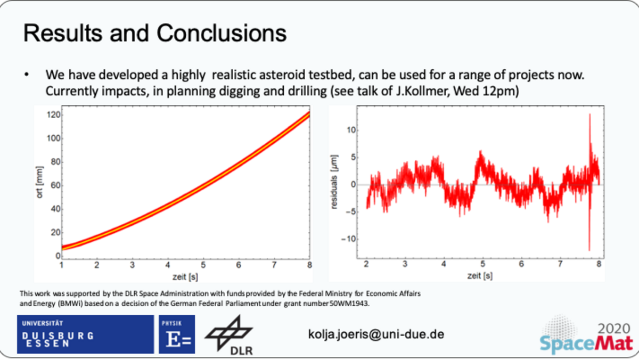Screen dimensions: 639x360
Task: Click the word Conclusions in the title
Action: pos(222,33)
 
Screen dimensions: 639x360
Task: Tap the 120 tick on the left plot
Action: pos(53,115)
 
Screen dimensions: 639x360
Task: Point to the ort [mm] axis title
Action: pos(39,182)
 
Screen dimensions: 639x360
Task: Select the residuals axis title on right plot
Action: pos(334,182)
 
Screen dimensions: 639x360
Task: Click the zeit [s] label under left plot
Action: pos(185,277)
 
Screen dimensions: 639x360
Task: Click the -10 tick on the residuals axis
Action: pos(349,239)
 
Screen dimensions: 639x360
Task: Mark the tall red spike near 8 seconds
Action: pos(589,183)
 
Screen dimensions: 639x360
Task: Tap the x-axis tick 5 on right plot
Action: pos(482,264)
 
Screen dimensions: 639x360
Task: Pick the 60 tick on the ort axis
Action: pos(55,185)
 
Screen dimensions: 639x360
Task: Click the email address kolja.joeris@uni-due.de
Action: pos(376,334)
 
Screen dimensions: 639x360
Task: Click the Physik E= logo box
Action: pos(177,334)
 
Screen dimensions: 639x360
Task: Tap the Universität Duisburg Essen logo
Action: pos(85,334)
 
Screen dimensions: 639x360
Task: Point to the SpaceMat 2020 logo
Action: pos(586,336)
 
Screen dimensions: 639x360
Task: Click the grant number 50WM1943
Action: pos(349,304)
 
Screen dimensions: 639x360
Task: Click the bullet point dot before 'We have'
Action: pos(27,75)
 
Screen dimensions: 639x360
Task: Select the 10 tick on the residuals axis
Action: pos(351,130)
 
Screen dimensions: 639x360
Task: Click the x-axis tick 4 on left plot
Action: pos(168,265)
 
